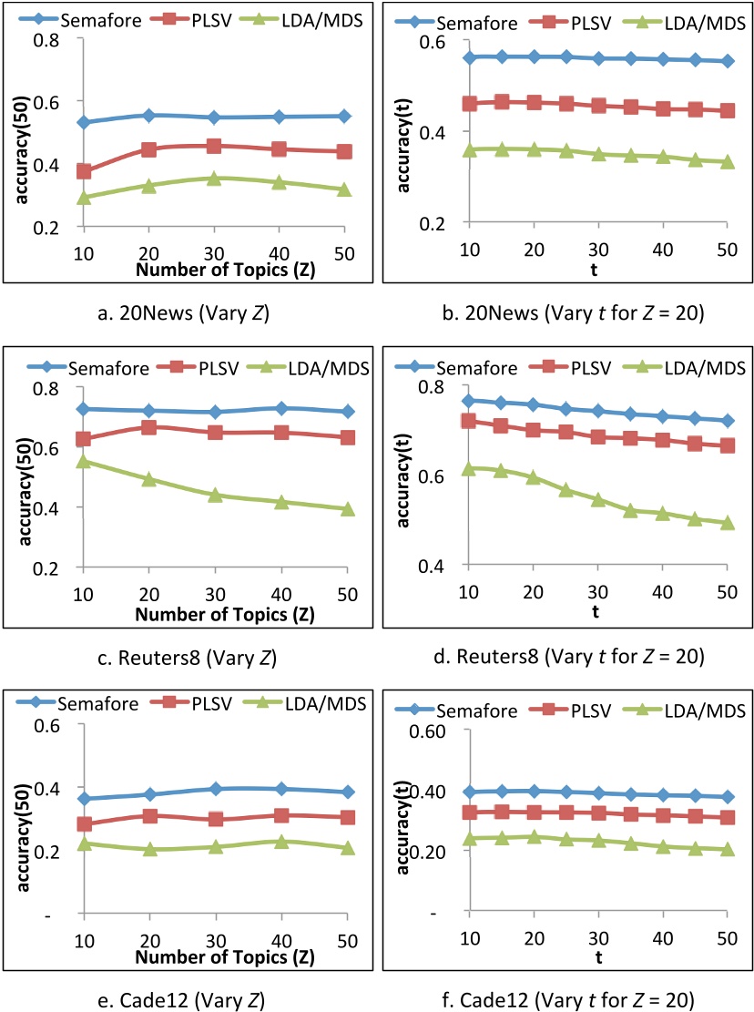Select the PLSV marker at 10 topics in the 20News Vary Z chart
tap(84, 171)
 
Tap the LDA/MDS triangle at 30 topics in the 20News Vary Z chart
tap(214, 179)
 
